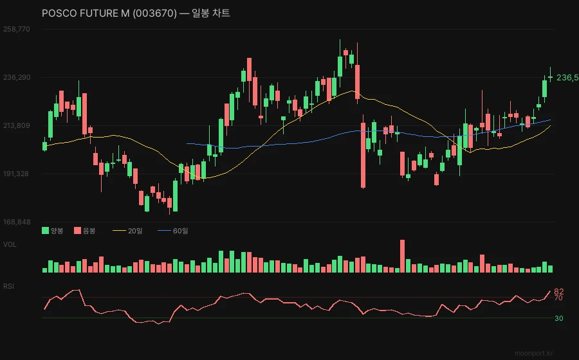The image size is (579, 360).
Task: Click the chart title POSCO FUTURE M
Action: (136, 14)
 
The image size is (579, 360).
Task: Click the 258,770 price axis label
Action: (17, 29)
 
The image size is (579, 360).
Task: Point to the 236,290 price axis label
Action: (17, 77)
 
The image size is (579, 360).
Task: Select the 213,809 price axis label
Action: (17, 125)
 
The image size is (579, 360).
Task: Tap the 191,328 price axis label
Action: (17, 174)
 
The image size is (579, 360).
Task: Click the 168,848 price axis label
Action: (17, 222)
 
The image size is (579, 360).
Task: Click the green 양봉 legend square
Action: (45, 230)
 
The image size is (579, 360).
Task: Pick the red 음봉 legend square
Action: (78, 230)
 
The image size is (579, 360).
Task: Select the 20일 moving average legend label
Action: (135, 230)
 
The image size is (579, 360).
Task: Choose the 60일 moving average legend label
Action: (180, 230)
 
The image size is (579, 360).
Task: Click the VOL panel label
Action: (10, 244)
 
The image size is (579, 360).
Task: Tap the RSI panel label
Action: (9, 285)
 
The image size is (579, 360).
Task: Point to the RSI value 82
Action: (558, 292)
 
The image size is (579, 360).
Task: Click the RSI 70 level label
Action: (558, 298)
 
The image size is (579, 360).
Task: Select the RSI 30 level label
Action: (558, 318)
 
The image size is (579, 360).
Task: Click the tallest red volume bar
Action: (403, 256)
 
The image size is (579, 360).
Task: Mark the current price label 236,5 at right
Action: (567, 77)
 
